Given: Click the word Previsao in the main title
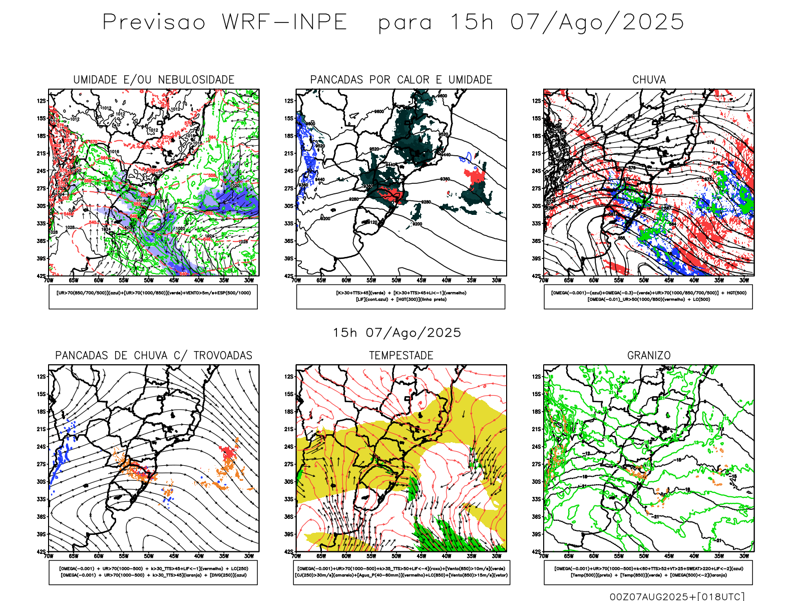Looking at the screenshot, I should (154, 23).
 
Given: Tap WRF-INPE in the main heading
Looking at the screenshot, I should (284, 23).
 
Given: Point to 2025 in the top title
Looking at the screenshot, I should (653, 23).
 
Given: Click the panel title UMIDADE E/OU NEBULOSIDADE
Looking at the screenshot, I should (154, 80).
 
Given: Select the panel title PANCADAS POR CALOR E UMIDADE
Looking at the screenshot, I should (401, 80).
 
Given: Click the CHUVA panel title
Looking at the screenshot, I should (649, 80).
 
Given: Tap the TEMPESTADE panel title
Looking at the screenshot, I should (401, 356).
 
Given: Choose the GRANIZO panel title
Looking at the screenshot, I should (649, 356).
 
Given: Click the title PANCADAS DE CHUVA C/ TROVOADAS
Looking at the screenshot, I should (154, 356).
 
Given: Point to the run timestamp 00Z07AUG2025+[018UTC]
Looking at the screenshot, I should (677, 596).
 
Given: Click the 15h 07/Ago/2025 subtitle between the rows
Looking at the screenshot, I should (396, 333).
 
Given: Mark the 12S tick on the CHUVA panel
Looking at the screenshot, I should (537, 101).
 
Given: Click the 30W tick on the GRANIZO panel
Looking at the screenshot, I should (744, 556).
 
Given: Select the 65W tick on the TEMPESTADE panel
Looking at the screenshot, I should (321, 556).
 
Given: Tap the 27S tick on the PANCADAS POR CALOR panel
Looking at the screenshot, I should (289, 189).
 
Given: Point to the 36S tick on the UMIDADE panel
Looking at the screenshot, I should (41, 241).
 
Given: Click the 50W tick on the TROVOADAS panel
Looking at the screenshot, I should (149, 556).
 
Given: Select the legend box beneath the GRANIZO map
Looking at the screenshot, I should (648, 572).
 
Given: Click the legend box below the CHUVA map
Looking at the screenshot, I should (648, 296).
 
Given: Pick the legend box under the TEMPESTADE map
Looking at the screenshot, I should (401, 572).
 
